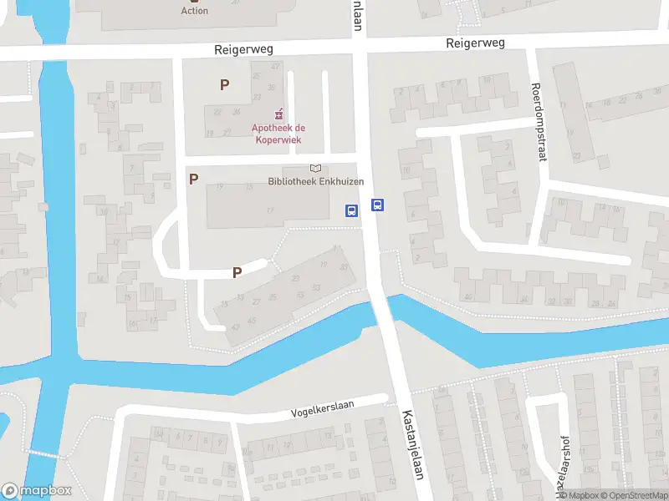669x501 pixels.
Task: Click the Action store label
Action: (195, 11)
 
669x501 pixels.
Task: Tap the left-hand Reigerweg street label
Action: (243, 50)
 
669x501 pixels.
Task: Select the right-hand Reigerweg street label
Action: (475, 43)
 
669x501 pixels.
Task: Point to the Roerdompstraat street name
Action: (539, 121)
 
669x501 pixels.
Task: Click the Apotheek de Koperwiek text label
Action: (278, 134)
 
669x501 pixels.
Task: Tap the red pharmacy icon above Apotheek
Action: (278, 114)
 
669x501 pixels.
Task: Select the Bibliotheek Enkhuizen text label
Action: (315, 182)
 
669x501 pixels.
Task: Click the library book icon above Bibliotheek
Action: (315, 169)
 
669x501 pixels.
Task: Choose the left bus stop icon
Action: (352, 210)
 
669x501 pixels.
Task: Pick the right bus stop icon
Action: (378, 205)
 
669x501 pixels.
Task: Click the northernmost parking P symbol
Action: (223, 84)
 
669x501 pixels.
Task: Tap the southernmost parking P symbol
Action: (237, 272)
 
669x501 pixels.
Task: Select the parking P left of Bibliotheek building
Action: (193, 179)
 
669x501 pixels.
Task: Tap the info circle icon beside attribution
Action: (563, 496)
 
